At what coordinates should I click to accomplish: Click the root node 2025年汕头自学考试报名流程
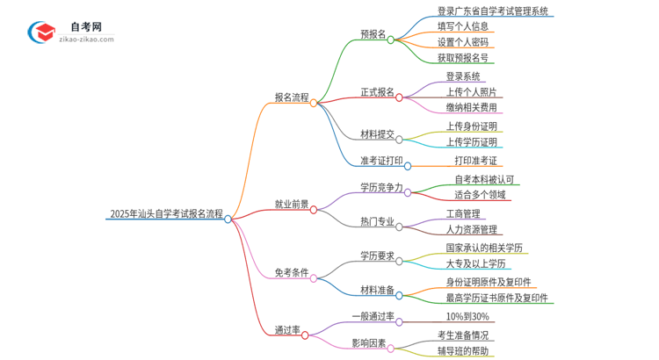[165, 213]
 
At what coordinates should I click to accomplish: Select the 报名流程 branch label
[291, 97]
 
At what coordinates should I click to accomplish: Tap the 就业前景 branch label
[291, 205]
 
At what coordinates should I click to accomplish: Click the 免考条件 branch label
[291, 272]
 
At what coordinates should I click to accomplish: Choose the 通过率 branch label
[287, 330]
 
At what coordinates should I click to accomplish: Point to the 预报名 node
[373, 34]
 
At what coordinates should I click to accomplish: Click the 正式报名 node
[377, 92]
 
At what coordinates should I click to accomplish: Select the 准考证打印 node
[381, 161]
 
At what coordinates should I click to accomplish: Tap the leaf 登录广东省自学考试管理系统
[493, 11]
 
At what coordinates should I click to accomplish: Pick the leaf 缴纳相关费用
[471, 107]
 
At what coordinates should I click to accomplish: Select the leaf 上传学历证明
[471, 141]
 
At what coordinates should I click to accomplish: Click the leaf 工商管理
[463, 213]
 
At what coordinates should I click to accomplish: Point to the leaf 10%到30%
[467, 316]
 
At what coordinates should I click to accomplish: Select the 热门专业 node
[377, 222]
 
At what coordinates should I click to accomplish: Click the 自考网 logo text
[85, 27]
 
